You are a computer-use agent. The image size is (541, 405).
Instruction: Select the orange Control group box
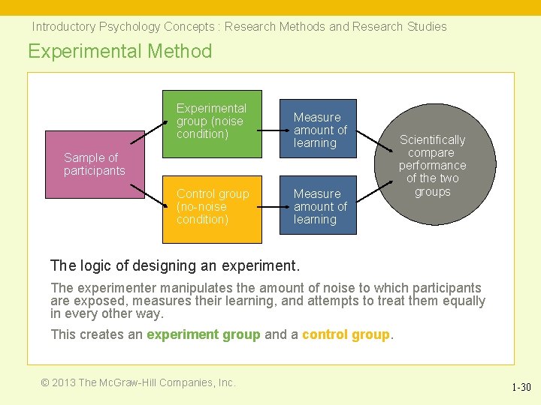(x=212, y=208)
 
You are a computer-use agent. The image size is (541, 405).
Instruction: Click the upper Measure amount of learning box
(x=318, y=129)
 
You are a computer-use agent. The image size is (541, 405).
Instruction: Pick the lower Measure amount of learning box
(x=318, y=205)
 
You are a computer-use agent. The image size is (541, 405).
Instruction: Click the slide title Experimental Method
(x=120, y=51)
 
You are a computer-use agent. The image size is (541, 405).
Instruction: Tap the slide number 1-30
(x=521, y=388)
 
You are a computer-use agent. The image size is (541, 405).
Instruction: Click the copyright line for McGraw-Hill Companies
(x=138, y=382)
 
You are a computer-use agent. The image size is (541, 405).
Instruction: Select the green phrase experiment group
(x=204, y=334)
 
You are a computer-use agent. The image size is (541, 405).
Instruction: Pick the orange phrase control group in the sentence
(x=346, y=334)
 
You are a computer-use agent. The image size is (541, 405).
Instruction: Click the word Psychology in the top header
(x=128, y=27)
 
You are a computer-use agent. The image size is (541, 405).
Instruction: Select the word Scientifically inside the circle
(x=432, y=140)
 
